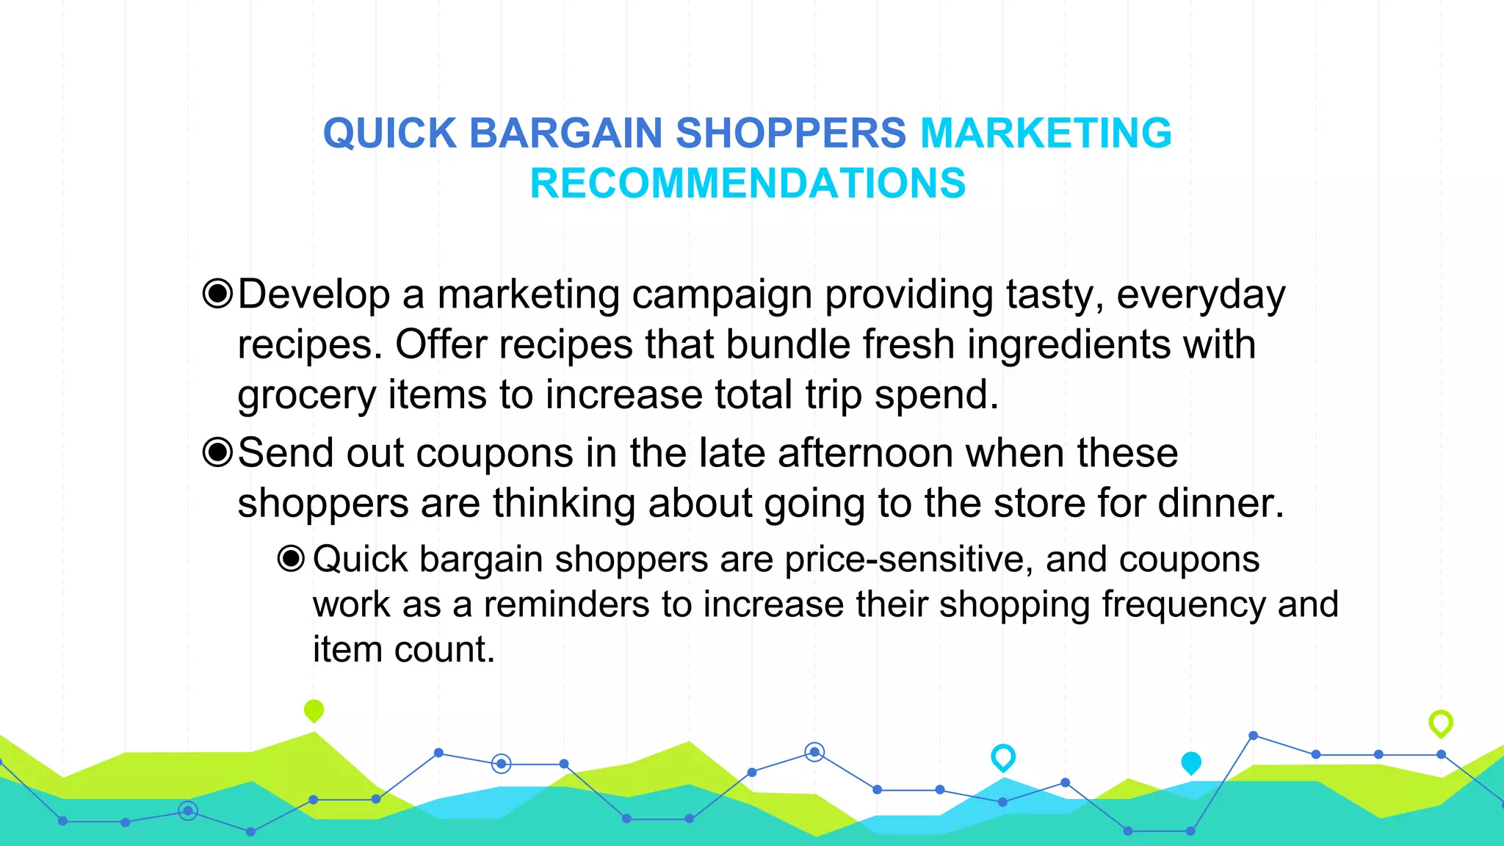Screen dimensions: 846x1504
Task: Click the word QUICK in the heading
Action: (390, 134)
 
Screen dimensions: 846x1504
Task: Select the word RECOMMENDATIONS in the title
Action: (748, 184)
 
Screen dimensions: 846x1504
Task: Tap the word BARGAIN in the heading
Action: (565, 134)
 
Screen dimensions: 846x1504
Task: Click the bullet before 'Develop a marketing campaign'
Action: (217, 294)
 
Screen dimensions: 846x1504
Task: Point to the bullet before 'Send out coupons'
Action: (217, 452)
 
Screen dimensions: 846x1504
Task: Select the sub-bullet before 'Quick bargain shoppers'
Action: (291, 559)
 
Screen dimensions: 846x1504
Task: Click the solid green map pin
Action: (314, 710)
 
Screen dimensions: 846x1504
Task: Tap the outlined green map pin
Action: (1441, 723)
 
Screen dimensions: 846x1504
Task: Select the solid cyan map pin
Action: (1191, 762)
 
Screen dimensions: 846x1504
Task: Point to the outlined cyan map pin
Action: (1003, 756)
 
